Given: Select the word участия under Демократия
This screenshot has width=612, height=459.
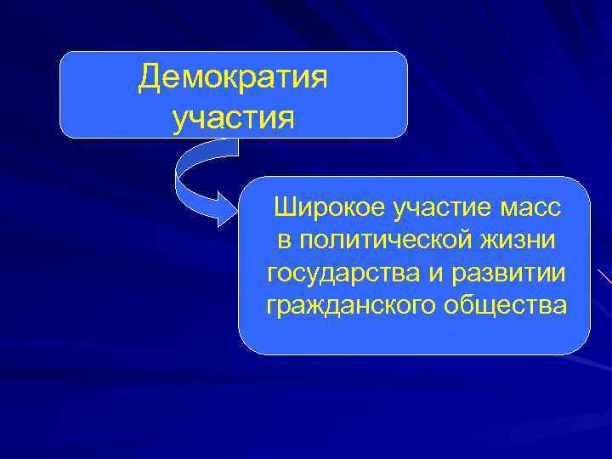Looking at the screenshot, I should pos(234,117).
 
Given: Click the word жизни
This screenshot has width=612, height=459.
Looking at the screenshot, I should pos(519,240).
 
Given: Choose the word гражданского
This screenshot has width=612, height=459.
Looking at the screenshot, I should pos(350,304).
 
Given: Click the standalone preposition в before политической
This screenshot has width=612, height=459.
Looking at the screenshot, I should pos(284,240).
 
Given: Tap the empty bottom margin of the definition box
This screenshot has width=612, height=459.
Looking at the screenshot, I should pos(414,336).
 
